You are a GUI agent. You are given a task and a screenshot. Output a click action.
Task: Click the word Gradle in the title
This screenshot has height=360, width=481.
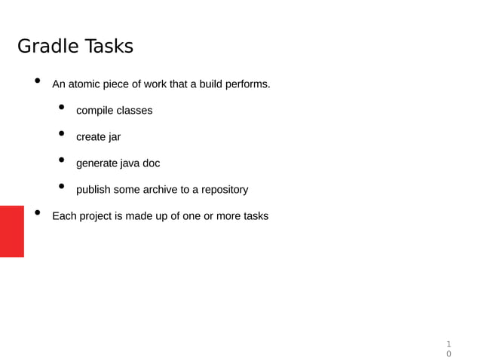coord(46,47)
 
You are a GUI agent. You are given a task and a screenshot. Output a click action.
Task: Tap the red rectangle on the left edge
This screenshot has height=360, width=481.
coord(11,230)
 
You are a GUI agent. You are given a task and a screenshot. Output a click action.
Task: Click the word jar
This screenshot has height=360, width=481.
coord(115,137)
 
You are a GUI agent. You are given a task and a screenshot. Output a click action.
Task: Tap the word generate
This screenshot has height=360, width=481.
coord(97,163)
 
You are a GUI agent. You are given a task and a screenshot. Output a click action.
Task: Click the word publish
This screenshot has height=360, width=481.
coord(93,190)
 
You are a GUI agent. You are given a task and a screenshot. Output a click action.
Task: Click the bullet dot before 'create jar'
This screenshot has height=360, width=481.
coord(62,135)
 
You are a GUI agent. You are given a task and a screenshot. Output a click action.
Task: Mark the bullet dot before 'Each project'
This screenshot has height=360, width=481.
coord(37,214)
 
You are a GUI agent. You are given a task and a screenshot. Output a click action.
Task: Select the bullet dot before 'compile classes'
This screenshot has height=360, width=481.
coord(62,108)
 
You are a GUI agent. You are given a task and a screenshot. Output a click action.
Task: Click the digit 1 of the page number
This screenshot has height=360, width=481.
coord(449,343)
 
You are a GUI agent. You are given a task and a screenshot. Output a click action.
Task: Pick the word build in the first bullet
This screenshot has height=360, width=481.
coord(202,84)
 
